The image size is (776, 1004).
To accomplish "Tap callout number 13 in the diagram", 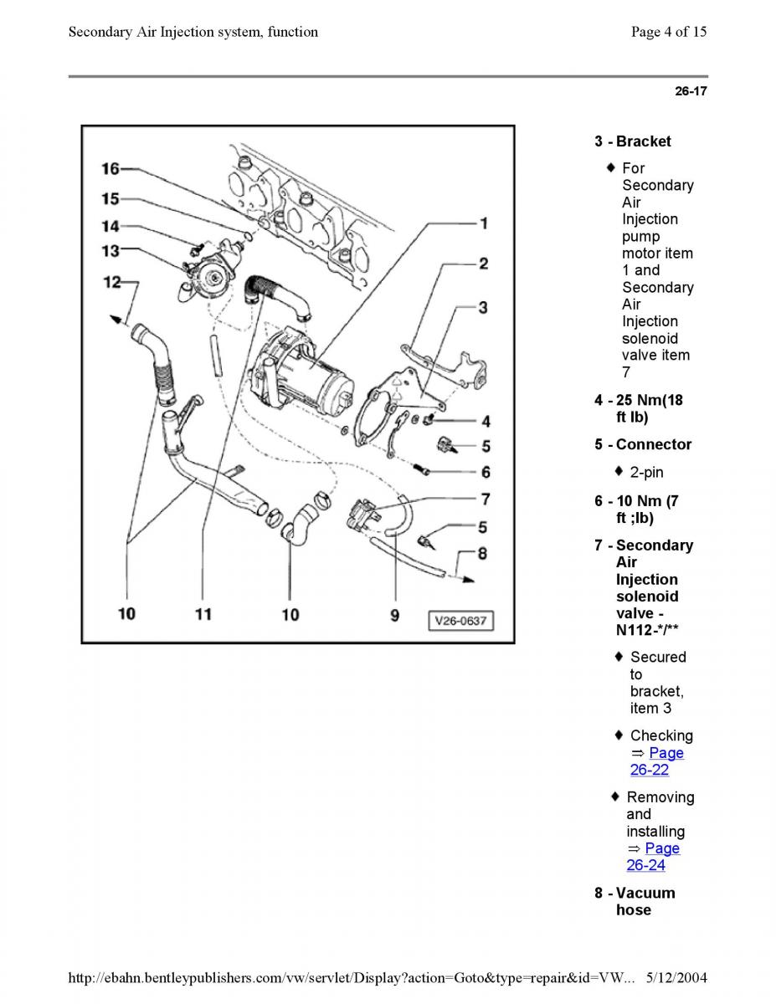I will [x=110, y=250].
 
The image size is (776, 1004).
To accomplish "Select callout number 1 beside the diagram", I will [x=484, y=223].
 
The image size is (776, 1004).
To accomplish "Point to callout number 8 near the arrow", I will [x=482, y=553].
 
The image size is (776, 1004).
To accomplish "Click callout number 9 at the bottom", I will [x=394, y=615].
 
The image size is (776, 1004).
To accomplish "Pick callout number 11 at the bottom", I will [x=203, y=615].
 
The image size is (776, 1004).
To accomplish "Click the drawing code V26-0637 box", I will [x=460, y=621].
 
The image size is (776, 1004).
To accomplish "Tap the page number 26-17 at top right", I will [x=691, y=91].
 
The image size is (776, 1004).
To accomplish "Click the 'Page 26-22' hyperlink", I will [x=657, y=761].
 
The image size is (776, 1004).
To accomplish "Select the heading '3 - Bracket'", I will [x=633, y=141].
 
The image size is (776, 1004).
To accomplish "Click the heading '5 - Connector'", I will [x=643, y=444].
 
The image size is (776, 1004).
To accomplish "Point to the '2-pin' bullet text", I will [x=646, y=473].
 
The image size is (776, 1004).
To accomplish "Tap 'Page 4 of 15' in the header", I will [x=668, y=33].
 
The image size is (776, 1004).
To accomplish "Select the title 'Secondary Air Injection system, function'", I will [x=193, y=33].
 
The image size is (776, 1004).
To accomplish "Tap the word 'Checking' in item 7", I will [x=661, y=735].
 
